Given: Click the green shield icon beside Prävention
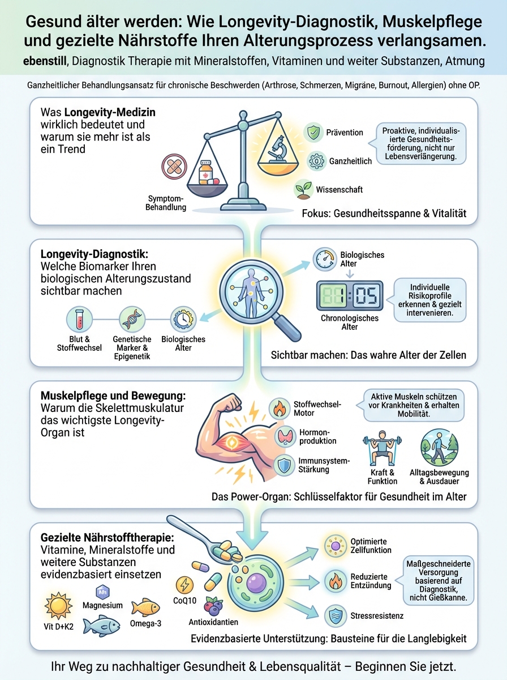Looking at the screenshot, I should coord(313,133).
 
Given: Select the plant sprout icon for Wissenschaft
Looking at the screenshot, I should coord(304,189).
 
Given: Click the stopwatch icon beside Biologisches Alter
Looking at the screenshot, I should coord(323,260).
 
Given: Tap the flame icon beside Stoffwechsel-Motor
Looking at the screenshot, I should coord(279,408).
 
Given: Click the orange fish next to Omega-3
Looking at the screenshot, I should coord(144,608).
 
